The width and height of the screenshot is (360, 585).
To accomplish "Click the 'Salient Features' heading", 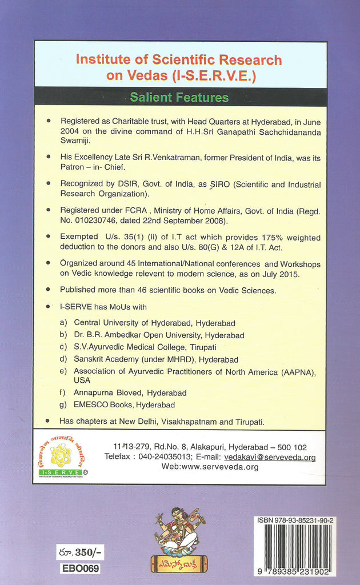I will [x=179, y=97].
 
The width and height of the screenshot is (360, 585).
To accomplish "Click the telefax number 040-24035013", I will [x=163, y=457].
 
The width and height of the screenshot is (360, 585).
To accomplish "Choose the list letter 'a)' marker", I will [x=63, y=323].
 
